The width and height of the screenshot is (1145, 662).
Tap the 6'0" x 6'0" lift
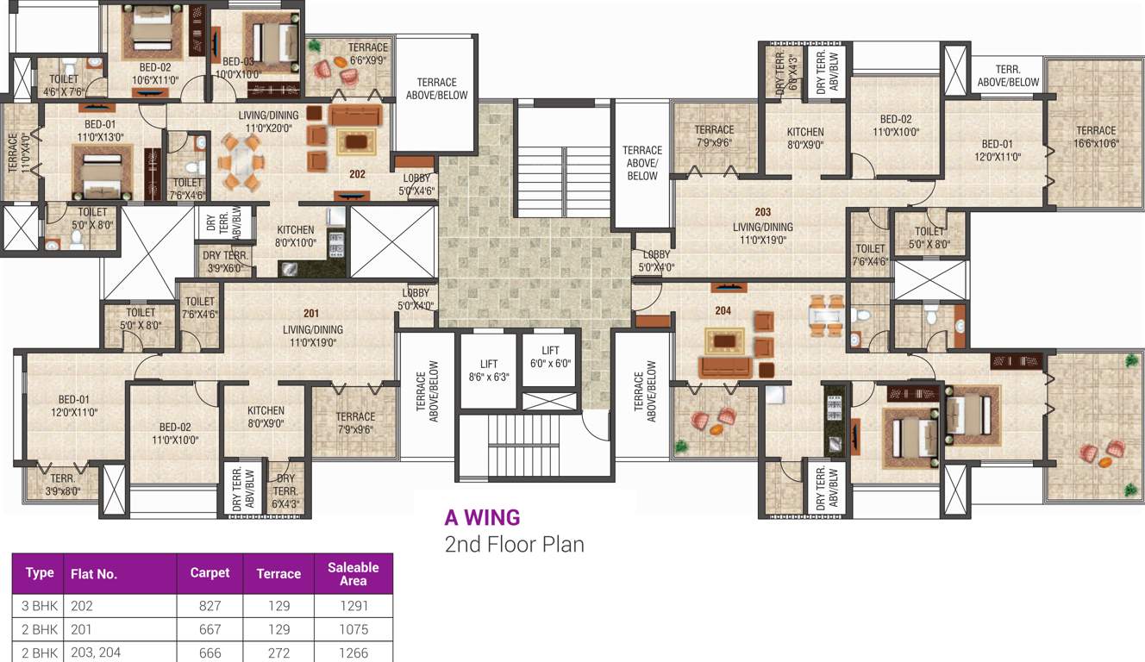pos(551,357)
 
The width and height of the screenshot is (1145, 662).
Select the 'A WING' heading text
pos(482,517)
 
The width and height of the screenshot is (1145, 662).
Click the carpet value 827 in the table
pos(210,606)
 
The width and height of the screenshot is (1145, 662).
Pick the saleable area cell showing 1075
pos(353,629)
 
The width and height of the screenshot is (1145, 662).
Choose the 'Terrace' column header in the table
pos(278,573)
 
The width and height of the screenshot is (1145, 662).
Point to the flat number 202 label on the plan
pos(358,174)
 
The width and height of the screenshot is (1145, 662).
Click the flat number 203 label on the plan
pos(762,212)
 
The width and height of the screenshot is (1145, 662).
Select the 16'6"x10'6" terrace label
pos(1095,137)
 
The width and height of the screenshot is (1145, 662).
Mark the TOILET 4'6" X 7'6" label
pos(64,84)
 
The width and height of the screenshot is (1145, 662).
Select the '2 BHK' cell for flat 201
pos(40,629)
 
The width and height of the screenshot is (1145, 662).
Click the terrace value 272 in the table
pos(278,653)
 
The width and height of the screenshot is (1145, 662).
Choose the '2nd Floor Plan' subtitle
pos(514,545)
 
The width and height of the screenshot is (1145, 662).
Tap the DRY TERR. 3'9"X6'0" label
pos(225,261)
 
